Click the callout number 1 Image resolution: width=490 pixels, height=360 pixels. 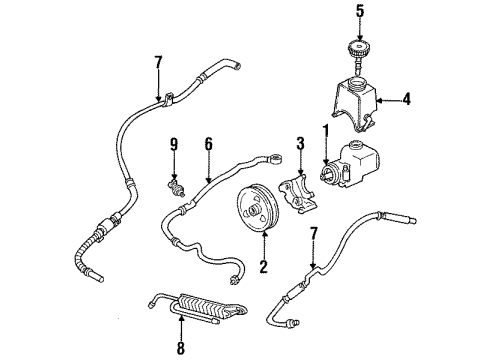(x=325, y=130)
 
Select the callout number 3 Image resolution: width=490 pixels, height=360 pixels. (x=301, y=144)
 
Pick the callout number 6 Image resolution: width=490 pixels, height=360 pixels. (x=207, y=144)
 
